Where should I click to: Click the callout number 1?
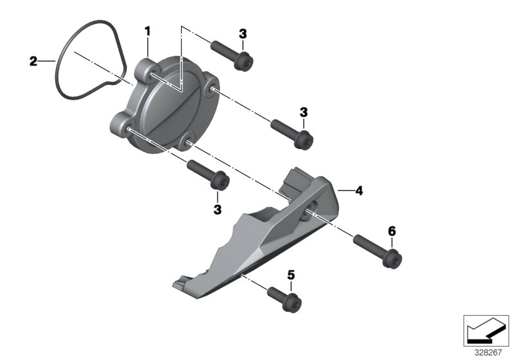[147, 31]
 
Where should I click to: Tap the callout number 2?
[33, 62]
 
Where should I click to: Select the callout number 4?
[359, 190]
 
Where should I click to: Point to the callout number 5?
[290, 275]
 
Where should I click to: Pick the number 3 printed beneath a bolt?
[217, 210]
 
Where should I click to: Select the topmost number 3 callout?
[242, 33]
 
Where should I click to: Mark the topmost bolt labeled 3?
[233, 54]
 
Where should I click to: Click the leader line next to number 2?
[46, 62]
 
